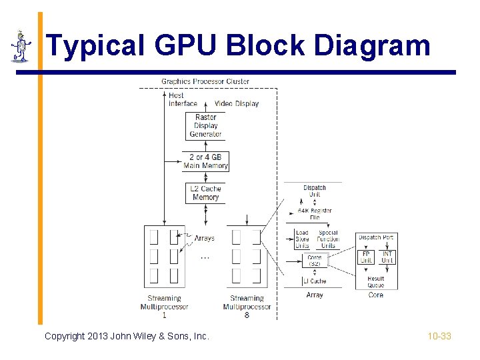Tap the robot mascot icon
[21, 47]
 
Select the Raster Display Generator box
[205, 126]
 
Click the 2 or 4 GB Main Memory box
[205, 161]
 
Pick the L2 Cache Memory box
[205, 193]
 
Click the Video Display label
[237, 103]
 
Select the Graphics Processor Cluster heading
[205, 81]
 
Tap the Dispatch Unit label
[314, 191]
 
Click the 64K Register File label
[314, 213]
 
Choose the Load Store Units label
[302, 240]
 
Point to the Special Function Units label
[328, 240]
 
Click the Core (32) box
[314, 261]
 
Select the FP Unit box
[366, 257]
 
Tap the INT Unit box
[387, 257]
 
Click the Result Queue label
[376, 282]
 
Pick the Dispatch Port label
[376, 237]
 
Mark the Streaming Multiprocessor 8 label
[247, 307]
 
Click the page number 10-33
[439, 336]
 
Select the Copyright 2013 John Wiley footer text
[127, 336]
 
